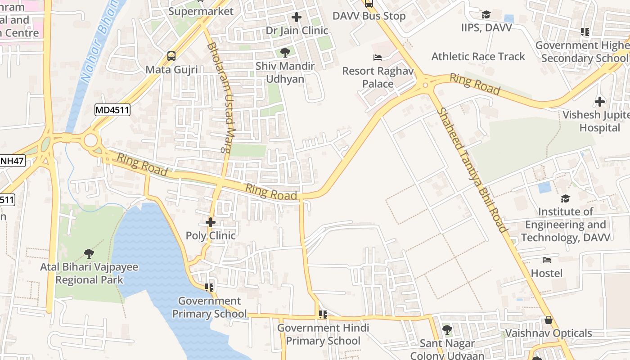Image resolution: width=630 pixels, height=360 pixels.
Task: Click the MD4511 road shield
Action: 112,110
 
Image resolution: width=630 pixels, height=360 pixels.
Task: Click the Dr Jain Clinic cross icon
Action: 297,18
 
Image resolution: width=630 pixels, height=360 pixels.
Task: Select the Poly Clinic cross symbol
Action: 211,222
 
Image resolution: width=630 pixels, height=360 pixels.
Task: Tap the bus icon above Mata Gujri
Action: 171,56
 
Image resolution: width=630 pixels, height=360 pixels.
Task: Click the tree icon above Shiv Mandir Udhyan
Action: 285,53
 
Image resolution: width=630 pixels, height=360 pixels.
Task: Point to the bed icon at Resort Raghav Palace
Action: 378,58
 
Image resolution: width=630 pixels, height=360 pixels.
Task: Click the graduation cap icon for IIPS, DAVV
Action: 486,15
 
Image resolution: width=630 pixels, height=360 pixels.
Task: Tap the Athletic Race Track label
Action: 478,57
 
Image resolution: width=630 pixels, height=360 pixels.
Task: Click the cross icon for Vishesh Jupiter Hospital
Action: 599,101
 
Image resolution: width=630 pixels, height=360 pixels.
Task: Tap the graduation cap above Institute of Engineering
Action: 565,198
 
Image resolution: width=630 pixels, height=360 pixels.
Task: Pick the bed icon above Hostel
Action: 547,260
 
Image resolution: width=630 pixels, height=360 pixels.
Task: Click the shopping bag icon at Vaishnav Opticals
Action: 548,320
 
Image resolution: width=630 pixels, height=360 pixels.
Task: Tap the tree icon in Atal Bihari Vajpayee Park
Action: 89,254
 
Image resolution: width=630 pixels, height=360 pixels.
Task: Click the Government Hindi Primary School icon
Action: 323,314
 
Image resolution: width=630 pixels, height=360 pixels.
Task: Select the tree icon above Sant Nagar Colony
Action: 447,330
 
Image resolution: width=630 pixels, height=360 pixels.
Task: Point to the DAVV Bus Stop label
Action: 369,16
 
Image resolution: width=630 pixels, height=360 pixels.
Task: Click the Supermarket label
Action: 201,11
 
